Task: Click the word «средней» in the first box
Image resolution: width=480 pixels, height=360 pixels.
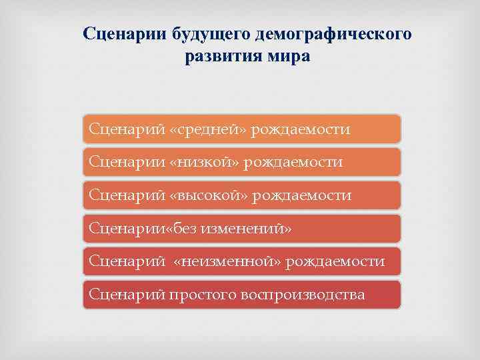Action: (x=209, y=129)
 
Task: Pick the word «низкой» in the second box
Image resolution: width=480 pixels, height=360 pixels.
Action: (x=205, y=162)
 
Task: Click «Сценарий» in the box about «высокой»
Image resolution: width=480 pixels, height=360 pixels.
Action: (x=127, y=195)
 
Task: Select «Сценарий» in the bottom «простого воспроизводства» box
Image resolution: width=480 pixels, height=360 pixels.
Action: (x=127, y=295)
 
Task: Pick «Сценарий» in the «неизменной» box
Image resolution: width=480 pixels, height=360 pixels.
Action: (x=127, y=261)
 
